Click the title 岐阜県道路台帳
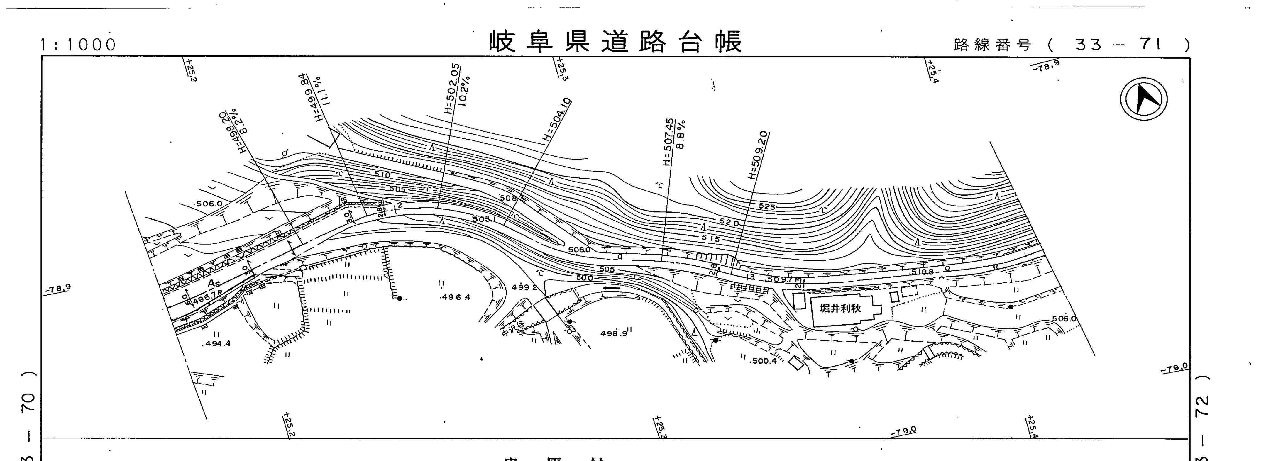tap(616, 42)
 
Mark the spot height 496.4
tap(455, 297)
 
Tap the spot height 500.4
tap(763, 362)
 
